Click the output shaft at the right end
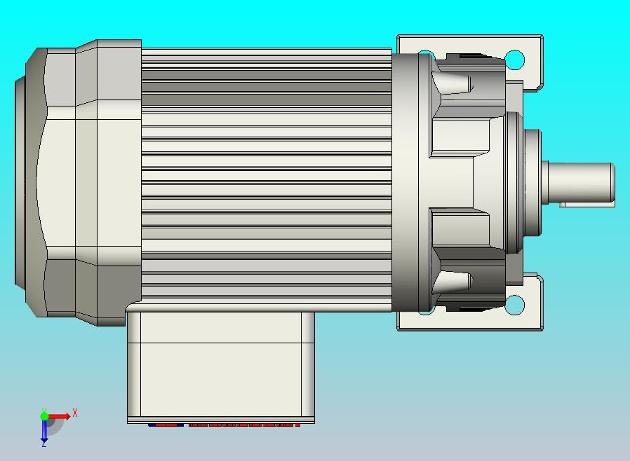pyautogui.click(x=582, y=181)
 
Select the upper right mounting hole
pyautogui.click(x=514, y=59)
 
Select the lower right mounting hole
pyautogui.click(x=514, y=305)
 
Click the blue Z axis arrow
pyautogui.click(x=43, y=431)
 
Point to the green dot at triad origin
pyautogui.click(x=44, y=416)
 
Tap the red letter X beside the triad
pyautogui.click(x=74, y=413)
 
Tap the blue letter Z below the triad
pyautogui.click(x=43, y=443)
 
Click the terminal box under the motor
pyautogui.click(x=221, y=364)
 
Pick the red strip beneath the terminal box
pyautogui.click(x=224, y=425)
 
